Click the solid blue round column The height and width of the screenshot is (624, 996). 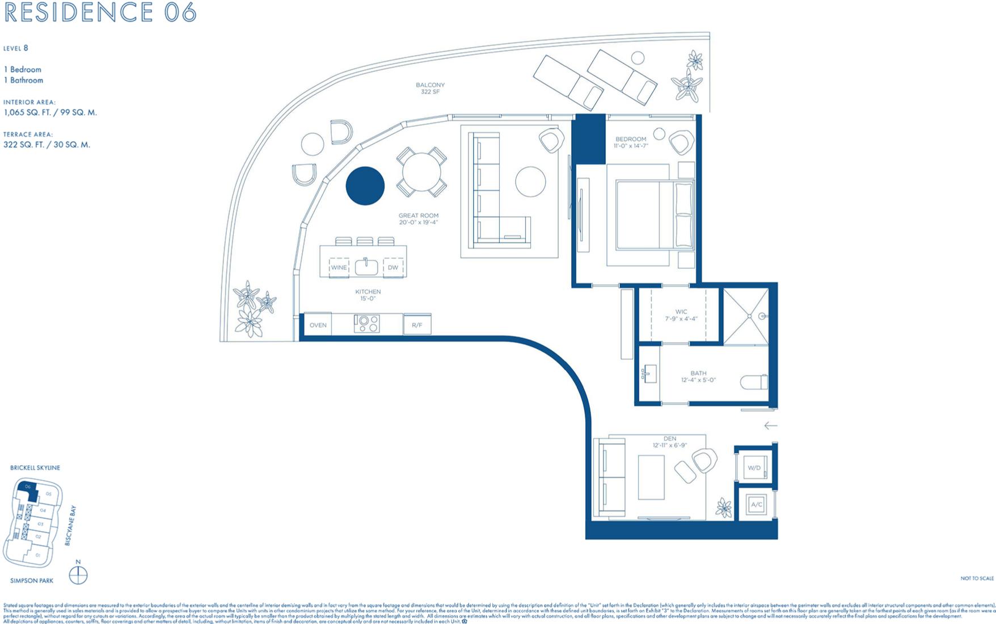point(365,185)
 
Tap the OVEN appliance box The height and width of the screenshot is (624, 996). point(318,325)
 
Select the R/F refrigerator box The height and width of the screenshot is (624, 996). point(417,325)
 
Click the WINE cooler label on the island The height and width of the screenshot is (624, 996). point(339,267)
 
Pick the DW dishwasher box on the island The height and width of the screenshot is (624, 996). point(393,267)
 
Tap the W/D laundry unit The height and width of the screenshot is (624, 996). point(754,468)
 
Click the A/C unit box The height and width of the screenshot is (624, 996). point(756,504)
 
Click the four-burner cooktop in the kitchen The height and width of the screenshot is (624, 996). point(366,324)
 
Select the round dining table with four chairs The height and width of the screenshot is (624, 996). point(421,172)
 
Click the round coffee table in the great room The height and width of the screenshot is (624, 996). point(530,182)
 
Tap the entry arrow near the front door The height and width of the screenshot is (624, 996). point(770,425)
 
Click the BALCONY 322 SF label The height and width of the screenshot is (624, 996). point(430,88)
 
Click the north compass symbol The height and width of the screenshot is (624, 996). point(78,576)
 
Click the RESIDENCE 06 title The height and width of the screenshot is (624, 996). point(100,12)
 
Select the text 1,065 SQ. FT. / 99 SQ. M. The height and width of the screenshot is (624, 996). point(50,112)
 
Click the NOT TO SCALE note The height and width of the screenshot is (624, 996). point(977,578)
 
